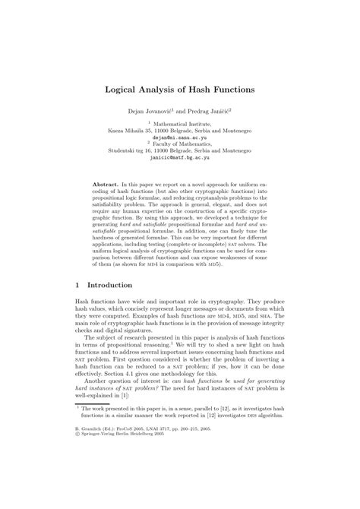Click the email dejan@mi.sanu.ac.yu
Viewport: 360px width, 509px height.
179,138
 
